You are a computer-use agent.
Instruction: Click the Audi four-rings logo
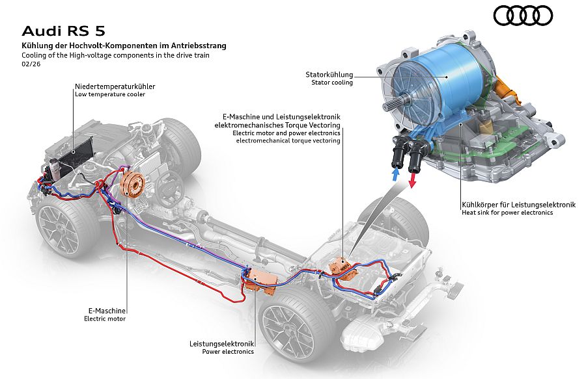coord(523,15)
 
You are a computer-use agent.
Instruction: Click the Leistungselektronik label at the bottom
coord(221,343)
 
